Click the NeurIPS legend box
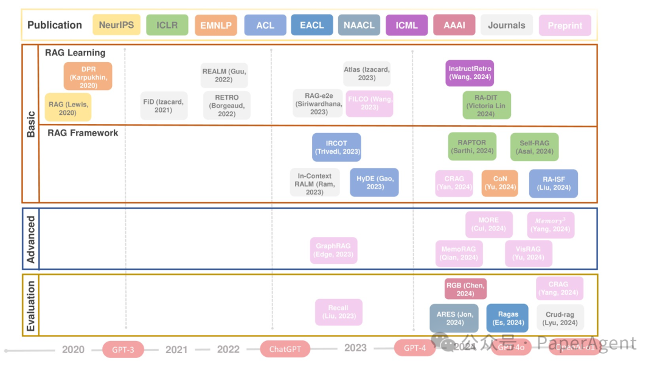[x=116, y=25]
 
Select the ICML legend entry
[x=406, y=25]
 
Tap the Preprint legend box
[x=565, y=25]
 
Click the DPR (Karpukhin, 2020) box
[x=88, y=76]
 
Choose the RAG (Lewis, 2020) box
[x=68, y=107]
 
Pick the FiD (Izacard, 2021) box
[x=163, y=105]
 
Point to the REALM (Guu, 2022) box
[x=225, y=75]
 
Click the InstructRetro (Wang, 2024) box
[x=470, y=73]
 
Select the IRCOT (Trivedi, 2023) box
[x=336, y=147]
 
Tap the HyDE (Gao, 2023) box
[x=374, y=182]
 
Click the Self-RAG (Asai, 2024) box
[x=534, y=147]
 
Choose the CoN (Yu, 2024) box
[x=499, y=183]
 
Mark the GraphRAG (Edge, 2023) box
[x=333, y=250]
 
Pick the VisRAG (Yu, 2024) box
[x=528, y=253]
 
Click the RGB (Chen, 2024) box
[x=465, y=289]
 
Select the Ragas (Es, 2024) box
[x=507, y=318]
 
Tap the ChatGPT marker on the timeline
[x=285, y=349]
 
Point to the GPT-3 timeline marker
[x=122, y=350]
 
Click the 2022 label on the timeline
[x=228, y=349]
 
